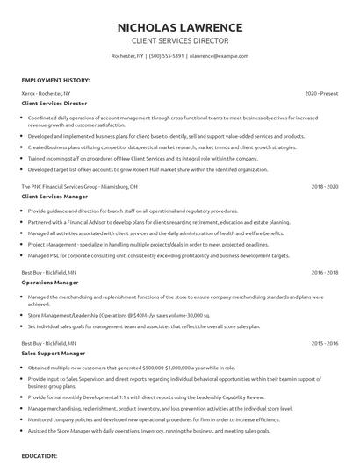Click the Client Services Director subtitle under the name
[x=179, y=40]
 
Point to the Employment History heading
[x=55, y=80]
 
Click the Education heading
[x=40, y=457]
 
